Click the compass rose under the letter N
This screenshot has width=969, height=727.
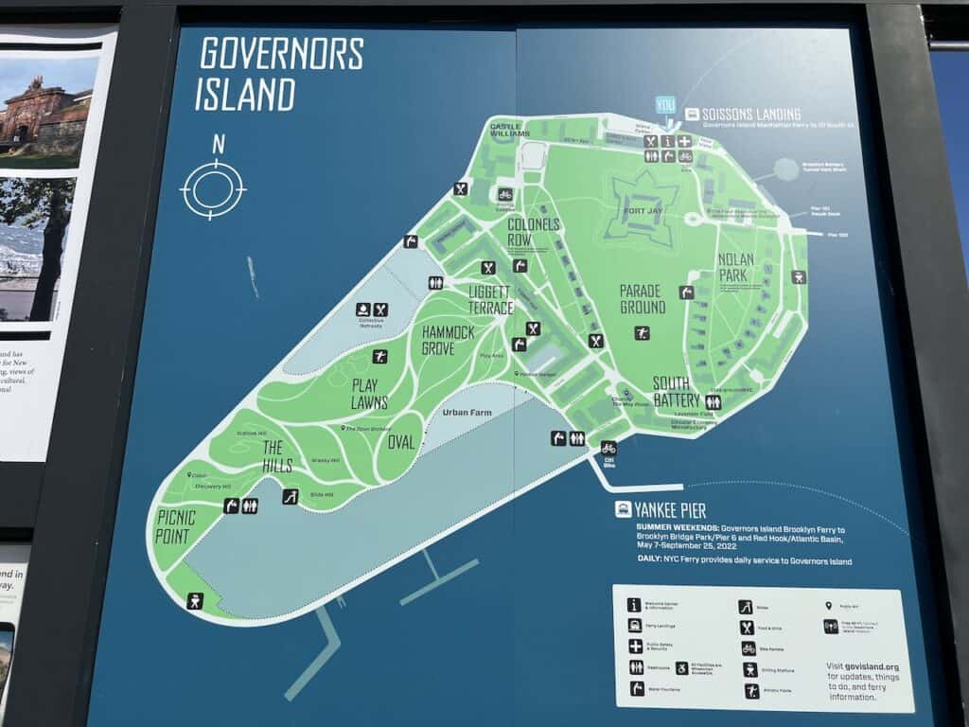[x=213, y=189]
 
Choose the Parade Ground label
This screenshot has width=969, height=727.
[x=642, y=299]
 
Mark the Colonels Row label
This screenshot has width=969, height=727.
[x=534, y=233]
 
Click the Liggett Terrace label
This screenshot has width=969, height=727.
[x=490, y=300]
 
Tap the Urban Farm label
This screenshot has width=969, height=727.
[x=467, y=414]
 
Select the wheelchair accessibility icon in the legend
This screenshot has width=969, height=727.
[x=682, y=667]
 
